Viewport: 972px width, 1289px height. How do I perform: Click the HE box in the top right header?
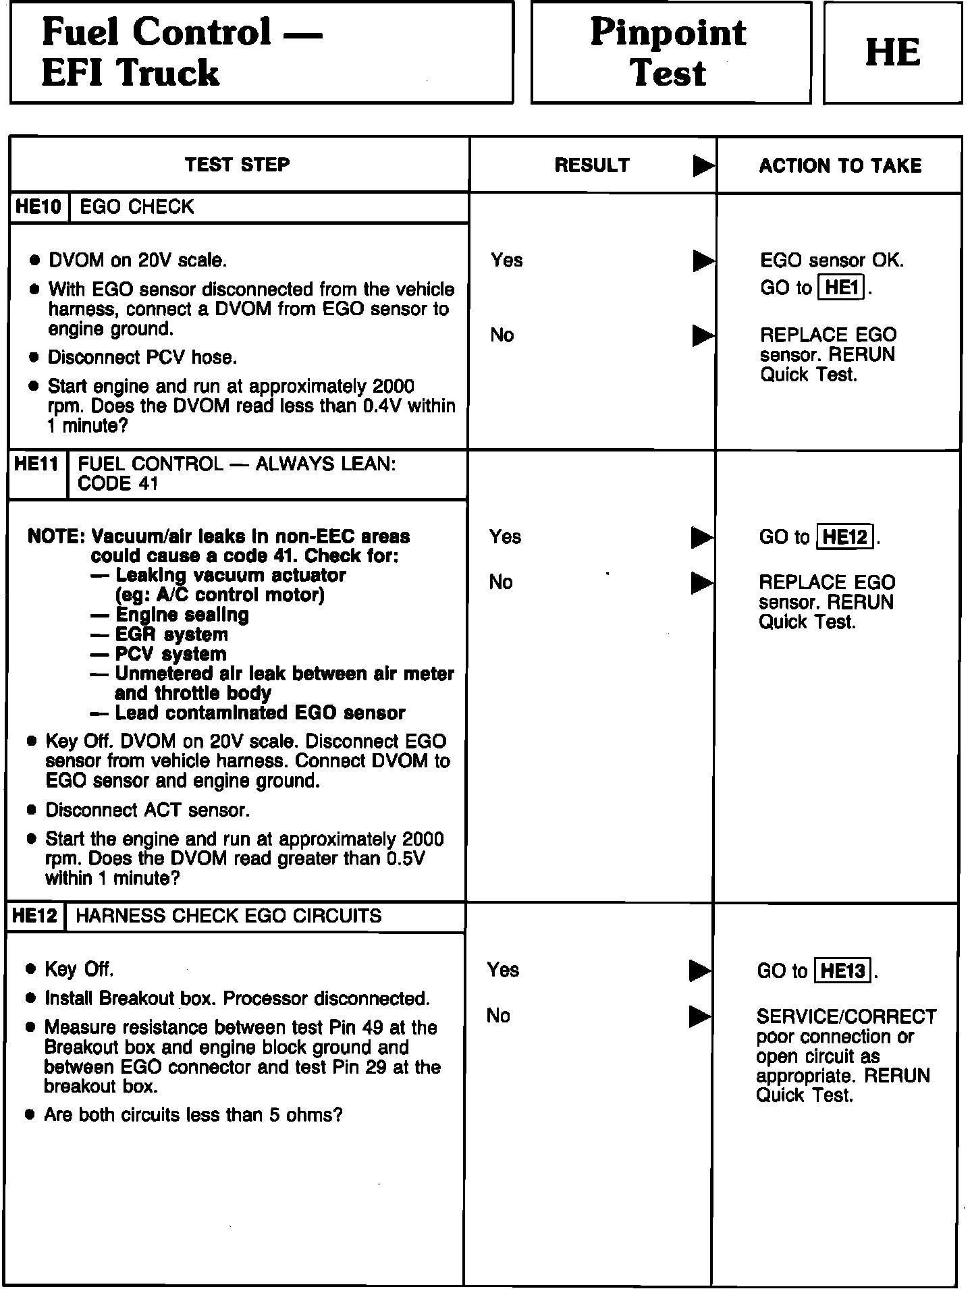892,53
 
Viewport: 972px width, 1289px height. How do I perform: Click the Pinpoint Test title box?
670,53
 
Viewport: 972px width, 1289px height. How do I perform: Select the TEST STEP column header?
238,165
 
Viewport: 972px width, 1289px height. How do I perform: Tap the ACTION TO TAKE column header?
840,165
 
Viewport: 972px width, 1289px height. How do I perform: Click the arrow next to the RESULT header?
703,166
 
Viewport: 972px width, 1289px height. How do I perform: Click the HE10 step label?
38,207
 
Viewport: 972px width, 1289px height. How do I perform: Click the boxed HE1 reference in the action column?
840,288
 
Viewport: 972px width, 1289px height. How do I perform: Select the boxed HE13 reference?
843,971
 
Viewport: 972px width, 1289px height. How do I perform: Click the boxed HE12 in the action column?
845,537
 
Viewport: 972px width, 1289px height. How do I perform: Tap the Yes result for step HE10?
507,260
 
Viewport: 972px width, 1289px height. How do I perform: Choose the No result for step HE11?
501,582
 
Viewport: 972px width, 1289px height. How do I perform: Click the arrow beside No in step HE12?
700,1016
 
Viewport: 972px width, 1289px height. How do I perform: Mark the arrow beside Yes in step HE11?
702,537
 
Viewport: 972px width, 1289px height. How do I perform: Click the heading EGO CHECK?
136,207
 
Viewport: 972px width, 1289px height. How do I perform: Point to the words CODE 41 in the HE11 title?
117,484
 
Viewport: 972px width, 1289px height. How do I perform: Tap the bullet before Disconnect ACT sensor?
32,811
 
